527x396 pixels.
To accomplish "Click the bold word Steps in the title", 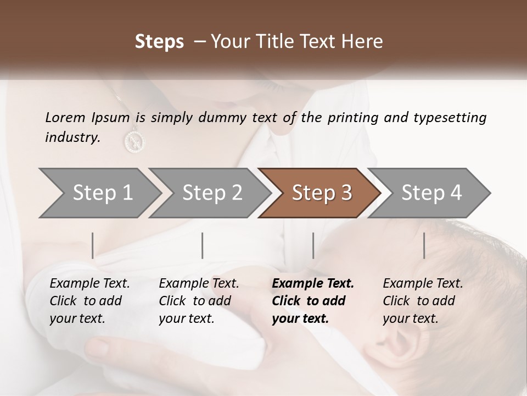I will coord(159,42).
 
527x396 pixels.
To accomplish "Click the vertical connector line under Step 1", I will coord(93,245).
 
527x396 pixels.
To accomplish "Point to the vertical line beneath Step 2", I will coord(203,245).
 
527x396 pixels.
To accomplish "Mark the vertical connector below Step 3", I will coord(313,245).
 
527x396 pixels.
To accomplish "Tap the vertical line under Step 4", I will coord(424,245).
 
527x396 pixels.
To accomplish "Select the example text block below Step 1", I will coord(89,300).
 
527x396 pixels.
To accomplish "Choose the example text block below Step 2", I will coord(199,300).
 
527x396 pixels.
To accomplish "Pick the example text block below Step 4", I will coord(423,300).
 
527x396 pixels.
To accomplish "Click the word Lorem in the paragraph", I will coord(65,118).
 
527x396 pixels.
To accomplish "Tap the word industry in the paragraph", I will coord(72,137).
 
